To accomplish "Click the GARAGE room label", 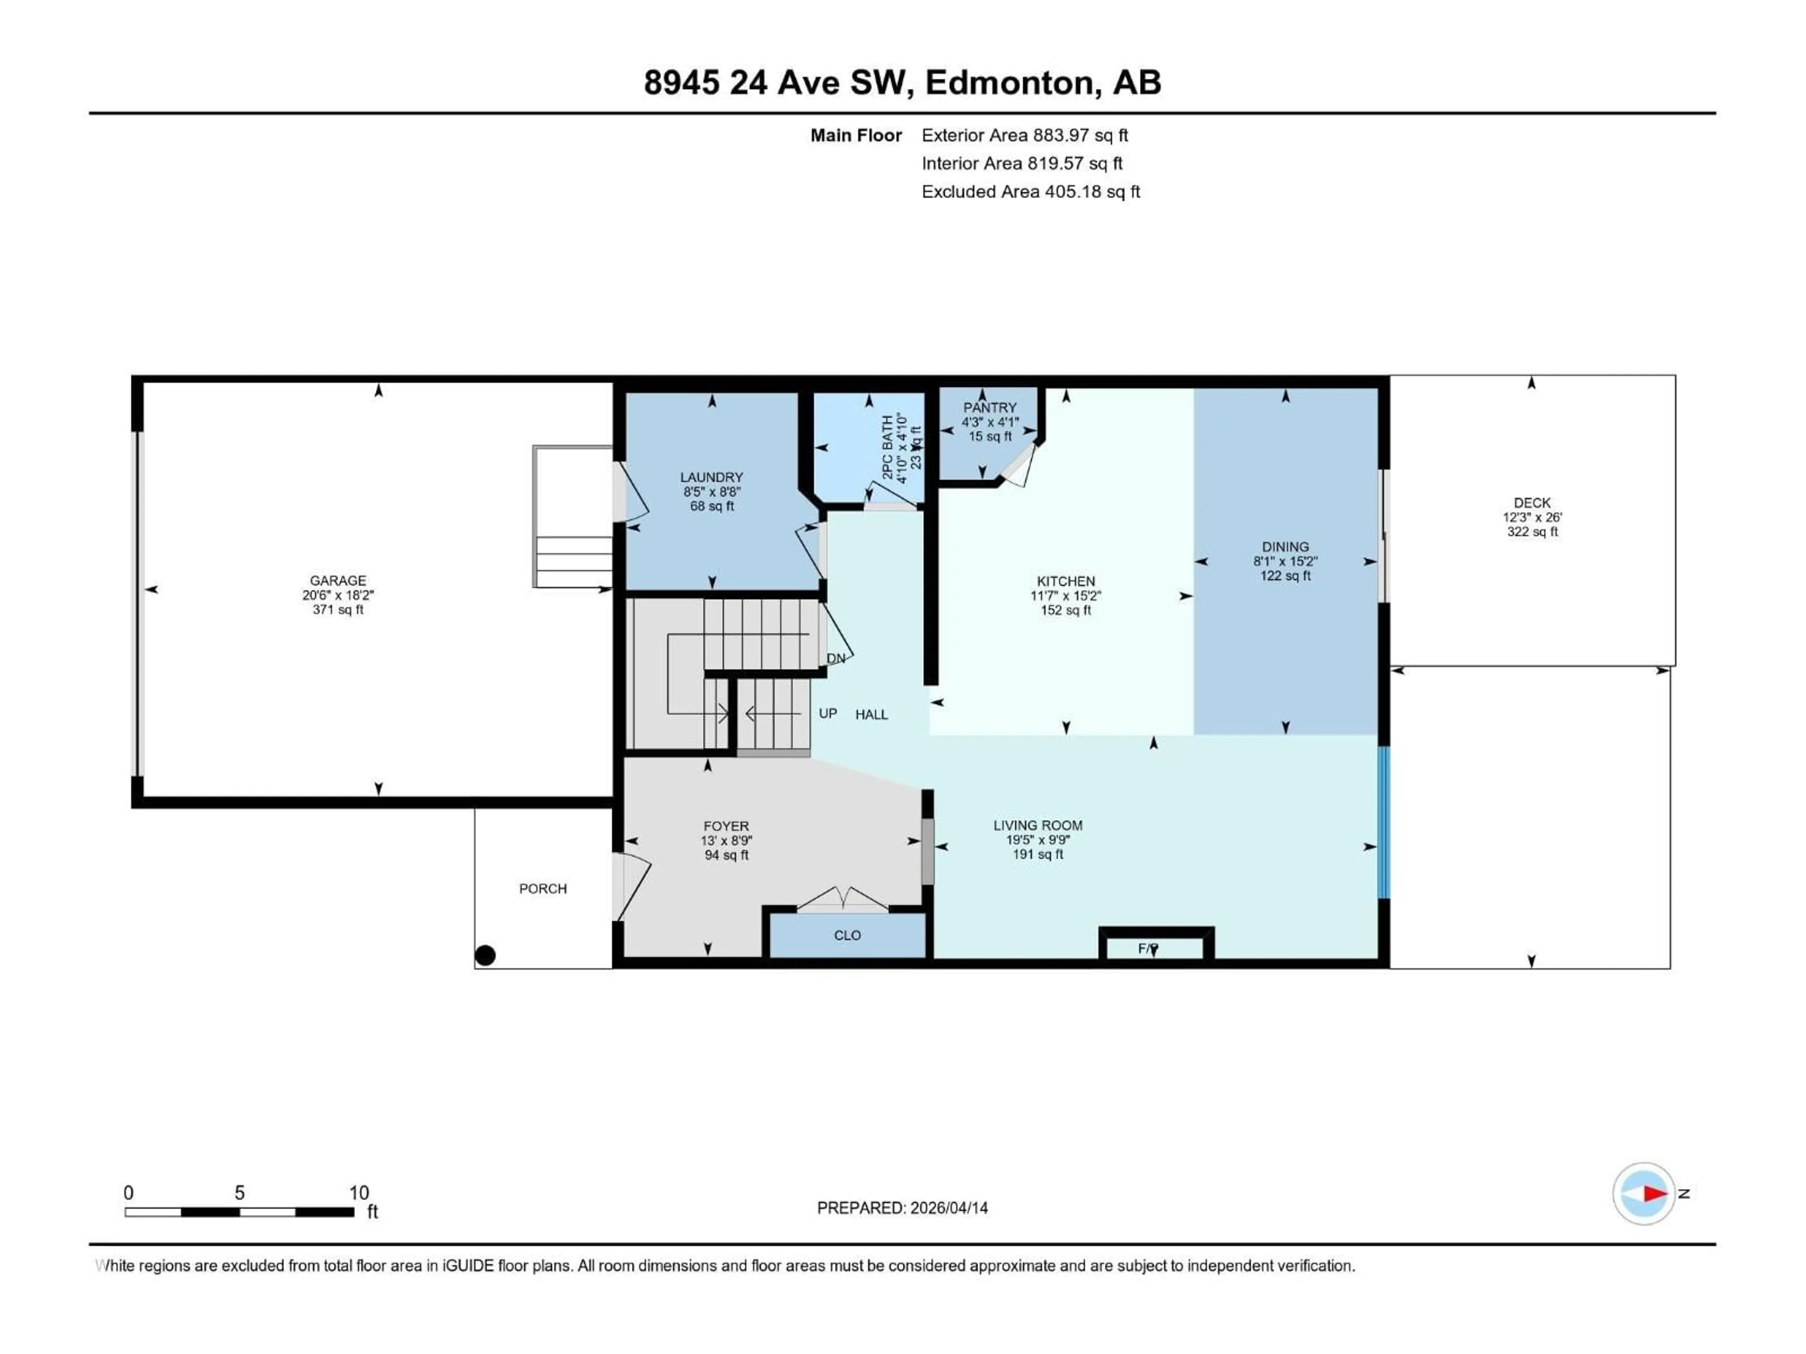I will point(338,580).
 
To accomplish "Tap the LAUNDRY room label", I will point(712,478).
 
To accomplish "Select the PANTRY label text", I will point(990,407).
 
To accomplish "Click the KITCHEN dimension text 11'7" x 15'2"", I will point(1065,596).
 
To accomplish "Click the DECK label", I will point(1532,503).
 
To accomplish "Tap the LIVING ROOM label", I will point(1038,825).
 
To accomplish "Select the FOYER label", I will point(726,826).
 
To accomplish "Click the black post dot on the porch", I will point(485,955).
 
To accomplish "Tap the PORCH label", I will point(543,889).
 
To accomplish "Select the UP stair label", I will point(828,713).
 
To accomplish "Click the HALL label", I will point(871,715).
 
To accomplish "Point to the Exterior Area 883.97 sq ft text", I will point(1025,135).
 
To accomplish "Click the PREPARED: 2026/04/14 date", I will point(902,1208).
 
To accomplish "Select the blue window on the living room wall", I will point(1383,823).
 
